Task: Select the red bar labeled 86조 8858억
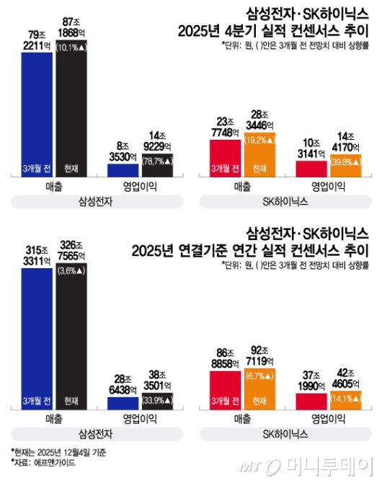click(x=226, y=389)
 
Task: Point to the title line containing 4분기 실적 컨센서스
click(x=275, y=30)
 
